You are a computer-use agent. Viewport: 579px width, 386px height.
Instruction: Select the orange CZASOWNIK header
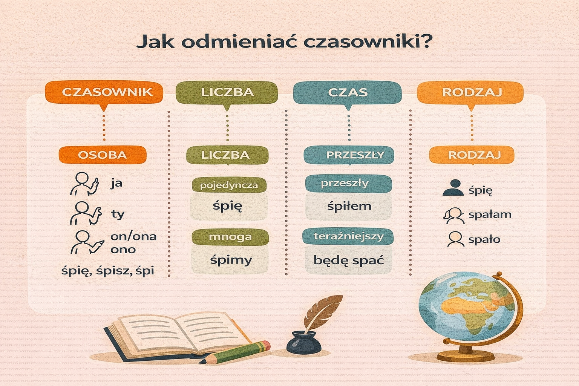coord(104,92)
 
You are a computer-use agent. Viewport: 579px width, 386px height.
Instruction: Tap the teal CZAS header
coord(348,92)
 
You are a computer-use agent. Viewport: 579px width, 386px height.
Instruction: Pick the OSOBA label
coord(102,155)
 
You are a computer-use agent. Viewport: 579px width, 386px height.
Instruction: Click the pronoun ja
coord(116,184)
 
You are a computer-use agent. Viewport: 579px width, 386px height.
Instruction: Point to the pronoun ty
coord(118,214)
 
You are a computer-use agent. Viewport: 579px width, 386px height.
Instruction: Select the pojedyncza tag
coord(229,185)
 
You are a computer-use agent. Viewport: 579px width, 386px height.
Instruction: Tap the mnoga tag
coord(230,237)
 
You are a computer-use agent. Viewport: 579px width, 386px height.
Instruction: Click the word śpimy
coord(231,260)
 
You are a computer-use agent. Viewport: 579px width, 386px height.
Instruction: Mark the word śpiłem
coord(349,206)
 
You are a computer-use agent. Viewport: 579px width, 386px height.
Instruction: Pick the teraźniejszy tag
coord(348,236)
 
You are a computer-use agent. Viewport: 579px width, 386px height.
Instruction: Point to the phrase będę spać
coord(348,260)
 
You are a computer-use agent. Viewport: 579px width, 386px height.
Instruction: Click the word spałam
coord(490,215)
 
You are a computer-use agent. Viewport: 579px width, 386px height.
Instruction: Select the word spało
coord(484,240)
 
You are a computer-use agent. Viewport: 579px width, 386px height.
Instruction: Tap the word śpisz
coord(114,271)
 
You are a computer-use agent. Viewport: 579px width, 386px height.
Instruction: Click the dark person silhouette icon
coord(453,187)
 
